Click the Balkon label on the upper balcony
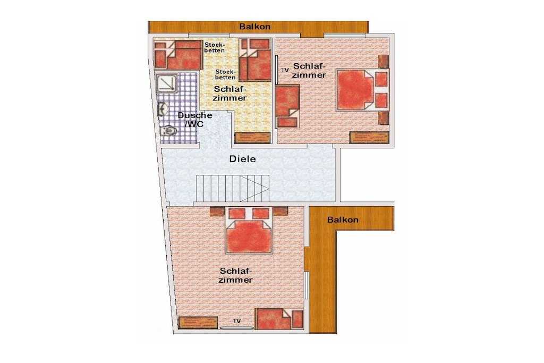click(x=254, y=27)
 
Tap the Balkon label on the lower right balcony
click(x=343, y=220)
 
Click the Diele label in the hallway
click(x=242, y=159)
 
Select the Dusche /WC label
click(x=195, y=120)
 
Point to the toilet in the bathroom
click(x=168, y=131)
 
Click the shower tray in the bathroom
click(x=166, y=83)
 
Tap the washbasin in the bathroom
click(x=163, y=109)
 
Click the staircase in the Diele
click(x=233, y=189)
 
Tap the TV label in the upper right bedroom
click(x=285, y=70)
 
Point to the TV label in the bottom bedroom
click(x=237, y=322)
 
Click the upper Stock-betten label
click(x=215, y=47)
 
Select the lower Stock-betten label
click(x=225, y=74)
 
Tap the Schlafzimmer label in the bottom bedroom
click(x=235, y=275)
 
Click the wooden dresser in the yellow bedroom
click(x=252, y=138)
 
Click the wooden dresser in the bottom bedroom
click(x=198, y=323)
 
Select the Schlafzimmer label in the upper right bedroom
click(x=310, y=71)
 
